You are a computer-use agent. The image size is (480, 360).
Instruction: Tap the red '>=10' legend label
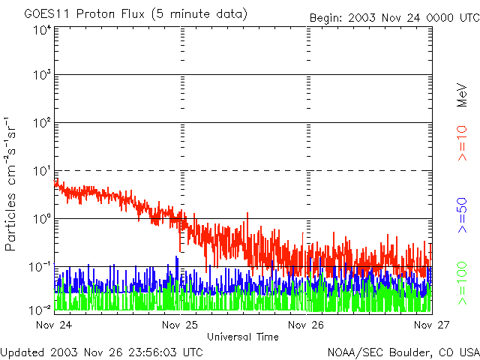pos(463,144)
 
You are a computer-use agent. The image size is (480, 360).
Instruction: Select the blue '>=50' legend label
pos(463,217)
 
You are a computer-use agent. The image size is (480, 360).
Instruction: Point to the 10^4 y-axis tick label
pos(41,30)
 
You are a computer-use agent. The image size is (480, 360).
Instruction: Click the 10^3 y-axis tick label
pos(41,75)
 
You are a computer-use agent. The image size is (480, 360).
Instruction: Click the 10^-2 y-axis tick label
pos(41,308)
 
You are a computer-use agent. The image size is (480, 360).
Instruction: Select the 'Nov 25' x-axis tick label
pos(180,325)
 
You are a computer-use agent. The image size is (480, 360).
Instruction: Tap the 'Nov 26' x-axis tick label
pos(306,325)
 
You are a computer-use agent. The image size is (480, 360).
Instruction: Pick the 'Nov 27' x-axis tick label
pos(431,325)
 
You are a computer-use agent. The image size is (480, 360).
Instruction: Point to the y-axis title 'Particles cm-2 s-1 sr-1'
pos(13,183)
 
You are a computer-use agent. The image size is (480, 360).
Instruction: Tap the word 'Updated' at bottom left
pos(22,351)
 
